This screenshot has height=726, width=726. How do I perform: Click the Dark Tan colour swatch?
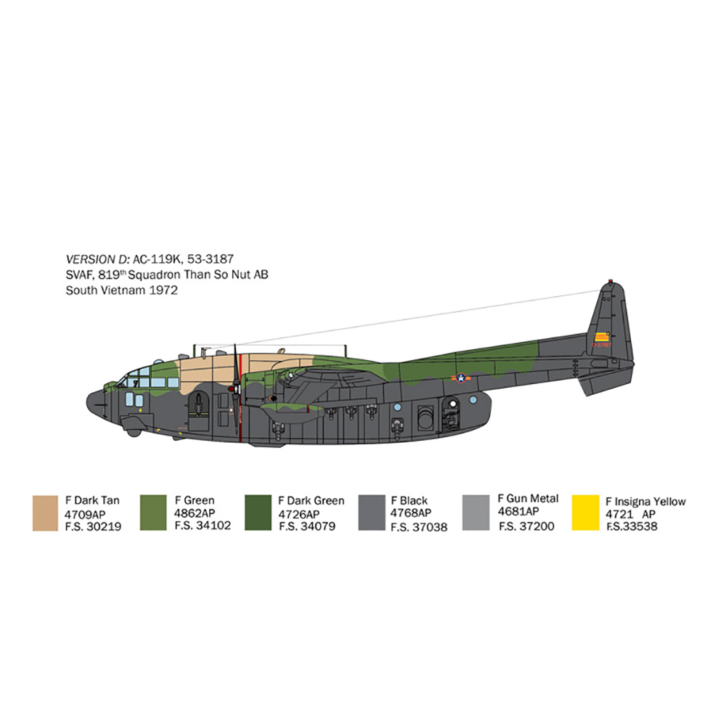[45, 513]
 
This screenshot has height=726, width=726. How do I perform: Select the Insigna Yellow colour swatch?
[585, 513]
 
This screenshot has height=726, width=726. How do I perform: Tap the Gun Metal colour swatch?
[476, 513]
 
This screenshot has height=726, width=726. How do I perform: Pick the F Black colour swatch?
[372, 513]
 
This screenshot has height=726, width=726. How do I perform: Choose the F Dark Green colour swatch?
[258, 513]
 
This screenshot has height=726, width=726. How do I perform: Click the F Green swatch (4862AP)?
[153, 513]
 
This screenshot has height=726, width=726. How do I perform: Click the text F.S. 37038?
[419, 527]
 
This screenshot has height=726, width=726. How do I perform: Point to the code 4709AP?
[85, 515]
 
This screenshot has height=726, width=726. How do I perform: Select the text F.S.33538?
[632, 526]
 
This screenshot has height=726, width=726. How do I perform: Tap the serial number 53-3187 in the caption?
[211, 259]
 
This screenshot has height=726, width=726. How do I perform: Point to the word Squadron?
[154, 275]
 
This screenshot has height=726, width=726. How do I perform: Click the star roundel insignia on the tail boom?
[461, 378]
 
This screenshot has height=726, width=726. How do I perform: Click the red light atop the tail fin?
[611, 281]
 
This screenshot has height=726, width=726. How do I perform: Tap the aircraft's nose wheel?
[134, 433]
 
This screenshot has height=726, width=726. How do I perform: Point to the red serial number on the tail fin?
[601, 345]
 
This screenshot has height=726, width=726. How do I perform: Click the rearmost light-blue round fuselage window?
[473, 399]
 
